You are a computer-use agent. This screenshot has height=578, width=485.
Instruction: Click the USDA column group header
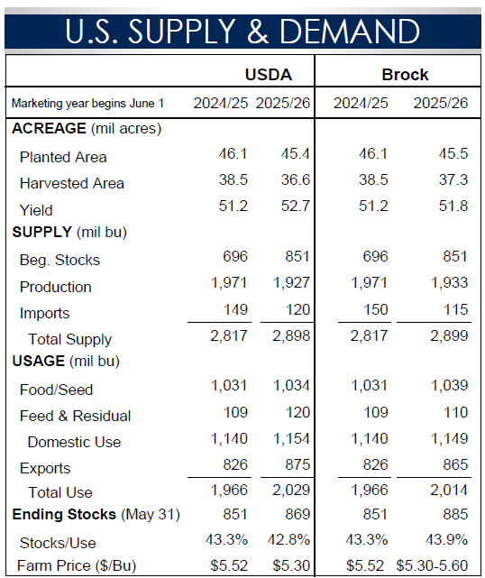coord(269,75)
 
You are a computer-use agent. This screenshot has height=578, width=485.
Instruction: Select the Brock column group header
coord(405,75)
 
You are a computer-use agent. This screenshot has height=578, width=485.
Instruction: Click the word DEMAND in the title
coord(350,31)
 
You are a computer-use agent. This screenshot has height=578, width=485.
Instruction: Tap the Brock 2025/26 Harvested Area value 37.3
coord(453,179)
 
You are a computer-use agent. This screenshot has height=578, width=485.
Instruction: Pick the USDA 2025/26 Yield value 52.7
coord(296,206)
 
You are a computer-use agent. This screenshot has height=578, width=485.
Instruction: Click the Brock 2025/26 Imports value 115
coord(455,309)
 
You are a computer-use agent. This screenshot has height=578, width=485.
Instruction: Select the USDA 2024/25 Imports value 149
coord(236,309)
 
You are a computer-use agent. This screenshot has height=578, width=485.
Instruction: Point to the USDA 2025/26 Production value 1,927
coord(291,283)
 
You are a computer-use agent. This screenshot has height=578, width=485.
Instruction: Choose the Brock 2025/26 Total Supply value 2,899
coord(449,335)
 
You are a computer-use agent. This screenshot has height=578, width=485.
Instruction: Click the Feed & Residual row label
coord(75,416)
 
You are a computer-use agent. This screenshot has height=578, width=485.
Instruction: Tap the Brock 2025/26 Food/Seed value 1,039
coord(449,386)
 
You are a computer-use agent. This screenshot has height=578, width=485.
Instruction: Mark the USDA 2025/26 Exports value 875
coord(297,464)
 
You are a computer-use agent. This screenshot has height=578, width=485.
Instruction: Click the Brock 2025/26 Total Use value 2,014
coord(449,491)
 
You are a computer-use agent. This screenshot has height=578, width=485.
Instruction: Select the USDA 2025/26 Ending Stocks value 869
coord(297,514)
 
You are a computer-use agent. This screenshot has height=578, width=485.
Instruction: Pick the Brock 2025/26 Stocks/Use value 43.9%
coord(446,540)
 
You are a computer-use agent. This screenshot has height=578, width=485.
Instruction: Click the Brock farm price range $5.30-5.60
coord(433,565)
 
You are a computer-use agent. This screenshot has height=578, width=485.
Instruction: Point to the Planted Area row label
coord(63,157)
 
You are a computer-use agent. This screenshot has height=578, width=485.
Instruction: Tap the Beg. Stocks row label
coord(59,261)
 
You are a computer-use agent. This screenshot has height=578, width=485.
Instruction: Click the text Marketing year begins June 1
coord(87,103)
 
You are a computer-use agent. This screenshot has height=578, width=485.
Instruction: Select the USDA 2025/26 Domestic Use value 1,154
coord(291,438)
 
